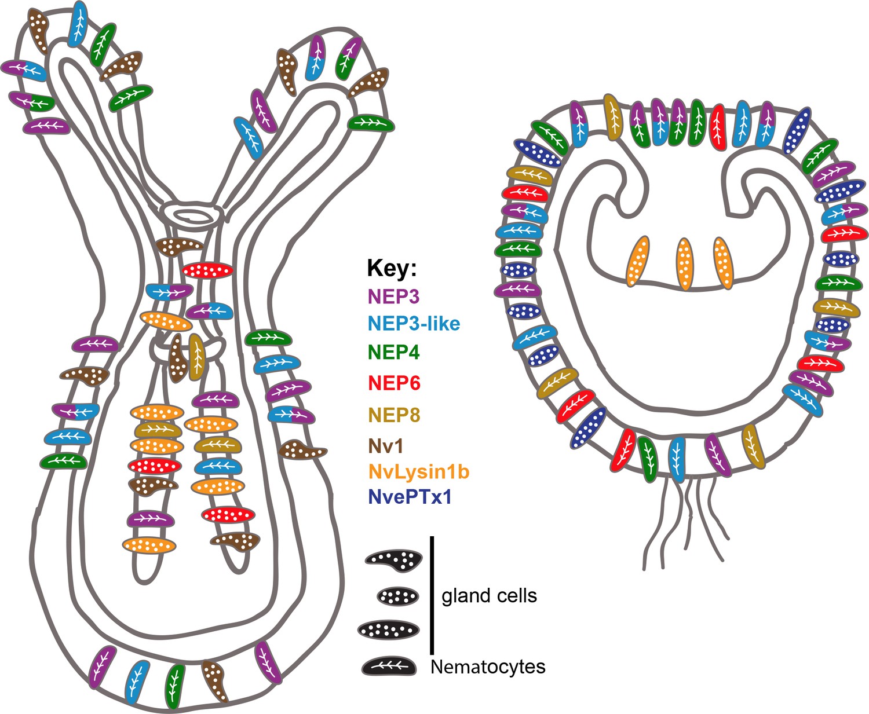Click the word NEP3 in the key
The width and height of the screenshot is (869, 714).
(x=393, y=296)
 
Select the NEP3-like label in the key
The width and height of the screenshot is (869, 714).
(x=414, y=323)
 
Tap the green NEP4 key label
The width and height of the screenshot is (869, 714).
(x=393, y=352)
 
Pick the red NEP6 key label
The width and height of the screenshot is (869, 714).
(x=394, y=383)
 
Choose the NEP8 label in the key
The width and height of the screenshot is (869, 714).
(x=394, y=415)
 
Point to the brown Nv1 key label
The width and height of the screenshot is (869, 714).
(x=385, y=446)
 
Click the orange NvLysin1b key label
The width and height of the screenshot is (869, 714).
(x=418, y=472)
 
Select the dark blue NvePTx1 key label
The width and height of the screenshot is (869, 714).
(x=410, y=497)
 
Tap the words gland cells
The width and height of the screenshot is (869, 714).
(x=489, y=596)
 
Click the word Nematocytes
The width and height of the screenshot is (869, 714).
(x=488, y=667)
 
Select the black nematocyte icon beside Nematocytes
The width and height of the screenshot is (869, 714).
(x=389, y=667)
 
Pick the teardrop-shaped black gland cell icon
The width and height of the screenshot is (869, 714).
(x=393, y=559)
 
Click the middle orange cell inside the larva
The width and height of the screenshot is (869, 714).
(x=685, y=263)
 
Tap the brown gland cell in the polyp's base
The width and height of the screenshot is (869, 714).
(x=214, y=681)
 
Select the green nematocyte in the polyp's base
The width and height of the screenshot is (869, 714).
(x=174, y=686)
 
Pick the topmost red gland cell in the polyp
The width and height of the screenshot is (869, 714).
(x=208, y=270)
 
